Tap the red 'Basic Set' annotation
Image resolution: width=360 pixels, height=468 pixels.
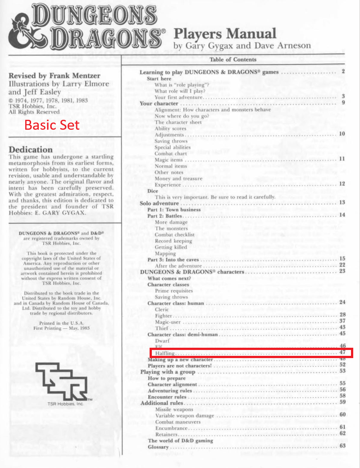(x=52, y=125)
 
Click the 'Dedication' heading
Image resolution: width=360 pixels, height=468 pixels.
(x=31, y=149)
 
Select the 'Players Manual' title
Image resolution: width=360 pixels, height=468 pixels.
(x=225, y=33)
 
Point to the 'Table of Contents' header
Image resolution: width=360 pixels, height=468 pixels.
(x=233, y=59)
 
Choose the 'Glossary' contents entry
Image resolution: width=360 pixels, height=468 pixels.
(x=159, y=447)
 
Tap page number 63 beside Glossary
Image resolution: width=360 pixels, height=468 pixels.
(x=342, y=446)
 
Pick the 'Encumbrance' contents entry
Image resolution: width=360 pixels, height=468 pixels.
(x=171, y=428)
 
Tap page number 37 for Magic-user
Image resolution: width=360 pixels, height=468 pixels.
(x=342, y=321)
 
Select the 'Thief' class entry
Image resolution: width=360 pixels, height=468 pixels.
(x=162, y=328)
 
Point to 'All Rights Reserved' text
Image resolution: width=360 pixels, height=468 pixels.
(x=34, y=112)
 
